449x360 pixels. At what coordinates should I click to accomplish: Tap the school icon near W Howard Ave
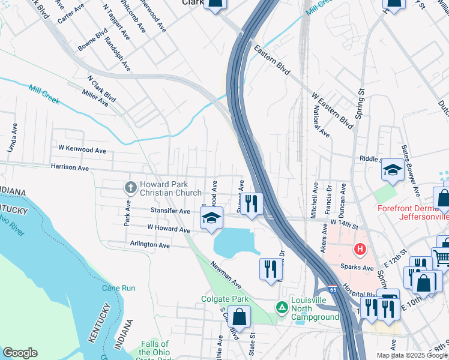click(x=211, y=219)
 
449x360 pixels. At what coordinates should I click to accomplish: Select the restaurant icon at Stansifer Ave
click(x=251, y=204)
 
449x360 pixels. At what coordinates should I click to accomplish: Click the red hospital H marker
click(x=360, y=248)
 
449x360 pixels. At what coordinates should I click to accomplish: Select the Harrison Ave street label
click(x=70, y=167)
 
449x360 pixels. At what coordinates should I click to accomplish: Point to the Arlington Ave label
click(x=150, y=245)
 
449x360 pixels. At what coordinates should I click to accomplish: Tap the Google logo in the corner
click(x=20, y=353)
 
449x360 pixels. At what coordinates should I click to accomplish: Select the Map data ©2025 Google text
click(x=412, y=355)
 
